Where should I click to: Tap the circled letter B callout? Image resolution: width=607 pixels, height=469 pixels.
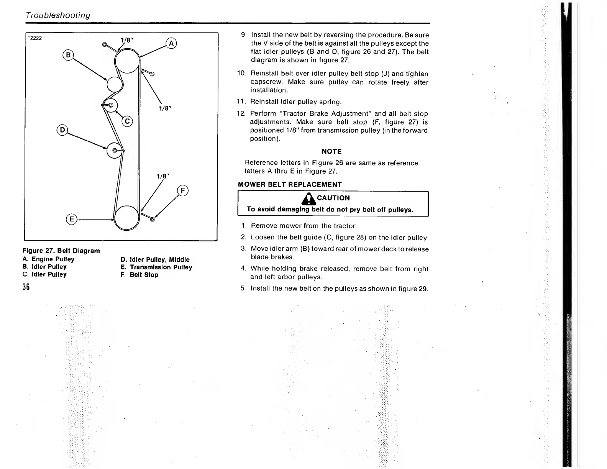tap(68, 55)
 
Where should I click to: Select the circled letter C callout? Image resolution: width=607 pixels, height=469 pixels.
tap(127, 122)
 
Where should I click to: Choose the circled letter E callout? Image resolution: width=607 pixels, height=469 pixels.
tap(71, 220)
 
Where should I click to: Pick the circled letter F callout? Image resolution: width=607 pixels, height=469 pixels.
tap(183, 190)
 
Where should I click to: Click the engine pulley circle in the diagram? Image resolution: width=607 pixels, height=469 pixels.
tap(127, 61)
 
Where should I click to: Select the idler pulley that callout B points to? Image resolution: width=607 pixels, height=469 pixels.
tap(114, 84)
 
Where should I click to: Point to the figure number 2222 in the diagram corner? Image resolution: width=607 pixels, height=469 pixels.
tap(35, 38)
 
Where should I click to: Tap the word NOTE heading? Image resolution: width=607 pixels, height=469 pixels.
tap(331, 151)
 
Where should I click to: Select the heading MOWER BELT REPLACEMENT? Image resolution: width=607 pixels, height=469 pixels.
tap(290, 184)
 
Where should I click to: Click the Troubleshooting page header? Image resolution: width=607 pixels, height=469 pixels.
tap(58, 15)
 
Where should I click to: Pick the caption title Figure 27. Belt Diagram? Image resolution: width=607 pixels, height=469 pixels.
tap(61, 251)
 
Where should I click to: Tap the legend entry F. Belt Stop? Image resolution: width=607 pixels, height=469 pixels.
tap(139, 275)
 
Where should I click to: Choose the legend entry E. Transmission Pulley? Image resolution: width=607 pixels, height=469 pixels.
tap(156, 267)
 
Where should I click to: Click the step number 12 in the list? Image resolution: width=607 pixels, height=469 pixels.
tap(241, 114)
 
